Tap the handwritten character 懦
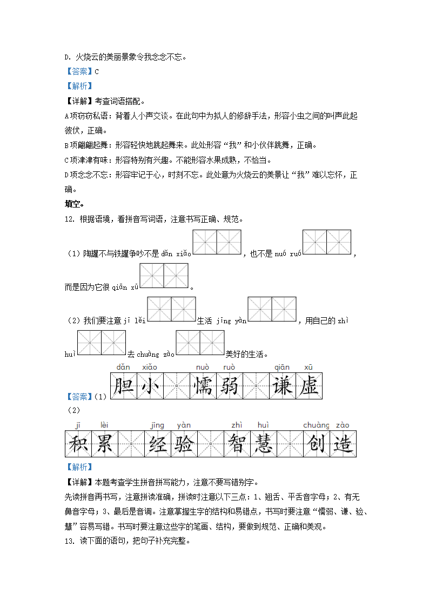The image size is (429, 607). pyautogui.click(x=203, y=386)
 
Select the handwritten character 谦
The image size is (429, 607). pyautogui.click(x=283, y=386)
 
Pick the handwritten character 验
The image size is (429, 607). pyautogui.click(x=184, y=444)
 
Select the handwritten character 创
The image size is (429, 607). pyautogui.click(x=316, y=444)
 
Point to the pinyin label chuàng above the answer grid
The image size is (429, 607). pyautogui.click(x=316, y=425)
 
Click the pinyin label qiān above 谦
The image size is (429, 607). pyautogui.click(x=282, y=367)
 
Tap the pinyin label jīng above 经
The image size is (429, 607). pyautogui.click(x=157, y=425)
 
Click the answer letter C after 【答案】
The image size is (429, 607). pyautogui.click(x=97, y=71)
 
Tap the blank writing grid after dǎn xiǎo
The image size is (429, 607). pyautogui.click(x=217, y=242)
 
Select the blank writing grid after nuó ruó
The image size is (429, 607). pyautogui.click(x=327, y=242)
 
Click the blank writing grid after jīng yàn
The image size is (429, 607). pyautogui.click(x=272, y=309)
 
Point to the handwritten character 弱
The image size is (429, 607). pyautogui.click(x=230, y=386)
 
